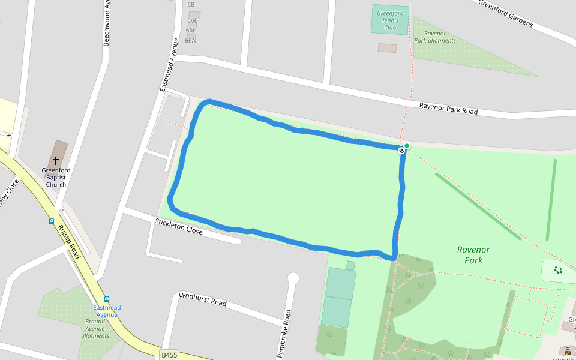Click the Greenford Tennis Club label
click(390, 20)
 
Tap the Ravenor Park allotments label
click(435, 37)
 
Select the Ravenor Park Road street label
click(448, 108)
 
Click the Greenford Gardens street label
click(505, 13)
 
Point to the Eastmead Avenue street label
click(170, 65)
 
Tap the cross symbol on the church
click(56, 161)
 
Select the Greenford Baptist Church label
click(56, 178)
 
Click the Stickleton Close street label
click(179, 227)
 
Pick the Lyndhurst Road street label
click(203, 299)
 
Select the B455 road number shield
click(170, 355)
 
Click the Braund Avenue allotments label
click(95, 328)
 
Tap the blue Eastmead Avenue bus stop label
click(107, 311)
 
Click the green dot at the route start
click(407, 146)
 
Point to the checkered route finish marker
click(401, 151)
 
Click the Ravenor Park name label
click(473, 255)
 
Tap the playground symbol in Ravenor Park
click(558, 270)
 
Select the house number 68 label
click(191, 5)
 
